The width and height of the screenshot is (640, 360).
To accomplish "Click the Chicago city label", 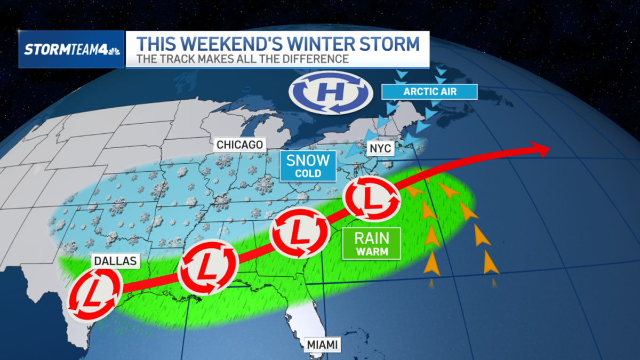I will click(x=239, y=145).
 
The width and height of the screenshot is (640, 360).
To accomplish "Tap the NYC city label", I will click(x=379, y=148).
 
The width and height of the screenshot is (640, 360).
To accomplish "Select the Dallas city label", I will click(x=115, y=261).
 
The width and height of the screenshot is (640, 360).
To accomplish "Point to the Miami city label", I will click(x=322, y=345).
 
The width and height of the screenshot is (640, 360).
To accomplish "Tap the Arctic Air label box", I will click(x=429, y=92).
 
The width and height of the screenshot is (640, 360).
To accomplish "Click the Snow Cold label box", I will click(x=308, y=165).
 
